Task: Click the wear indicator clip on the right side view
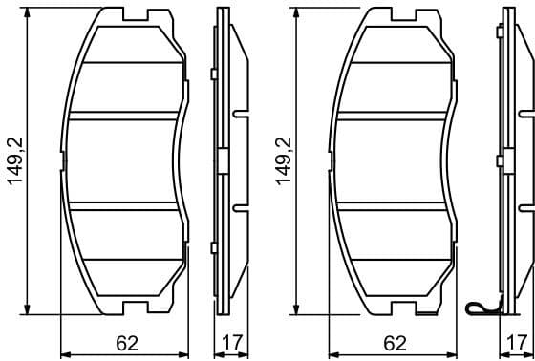(481, 308)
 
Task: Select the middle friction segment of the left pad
(126, 159)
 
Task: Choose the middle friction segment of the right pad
(394, 159)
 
